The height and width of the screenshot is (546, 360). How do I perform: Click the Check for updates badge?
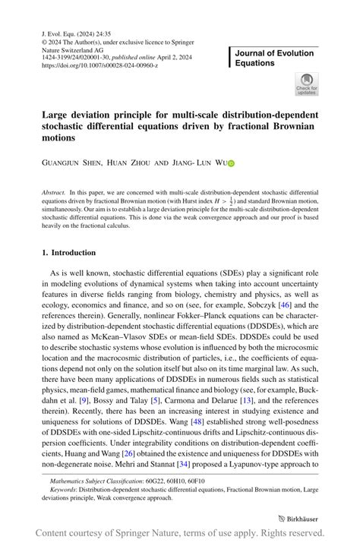pos(307,84)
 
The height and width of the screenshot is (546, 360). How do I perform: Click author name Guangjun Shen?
pos(73,163)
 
